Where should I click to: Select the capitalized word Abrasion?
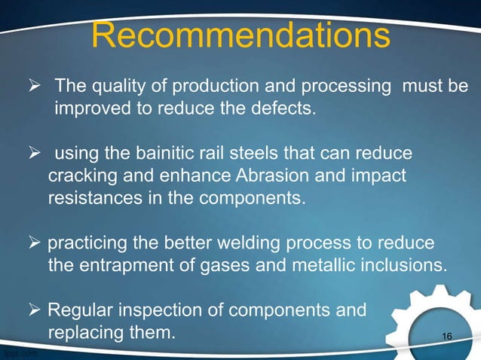280,177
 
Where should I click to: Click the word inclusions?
407,267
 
